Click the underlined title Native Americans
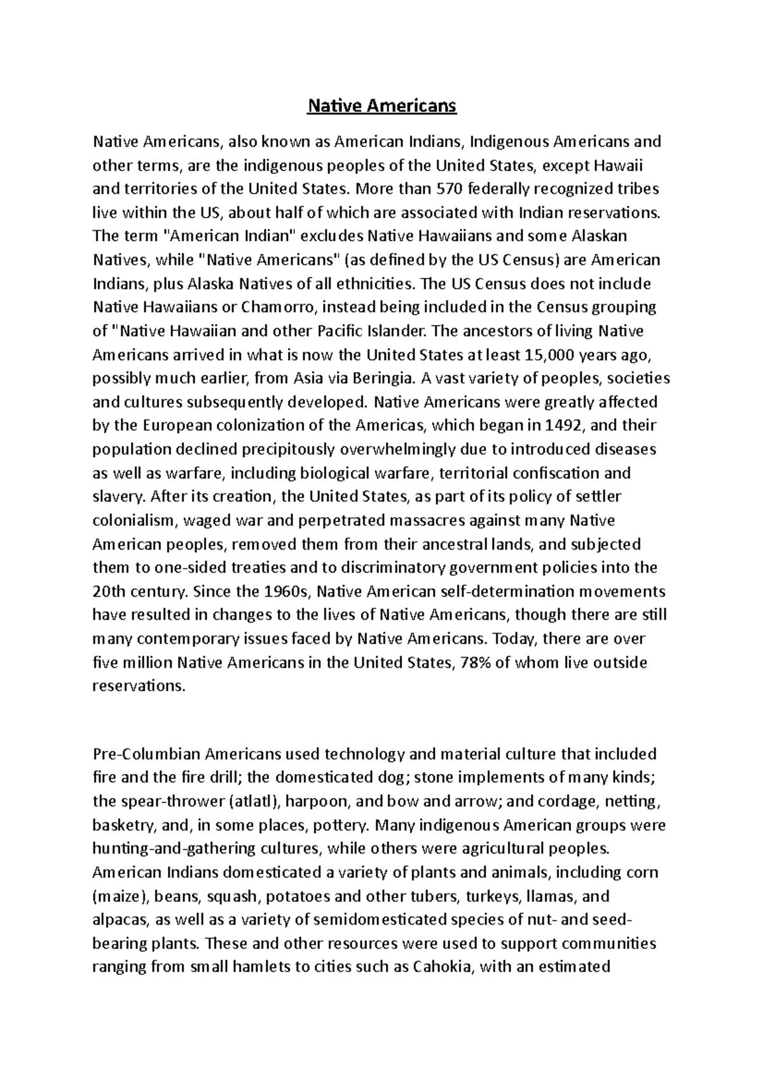pos(381,105)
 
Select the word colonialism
pos(134,521)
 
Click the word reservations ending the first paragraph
pos(137,686)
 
